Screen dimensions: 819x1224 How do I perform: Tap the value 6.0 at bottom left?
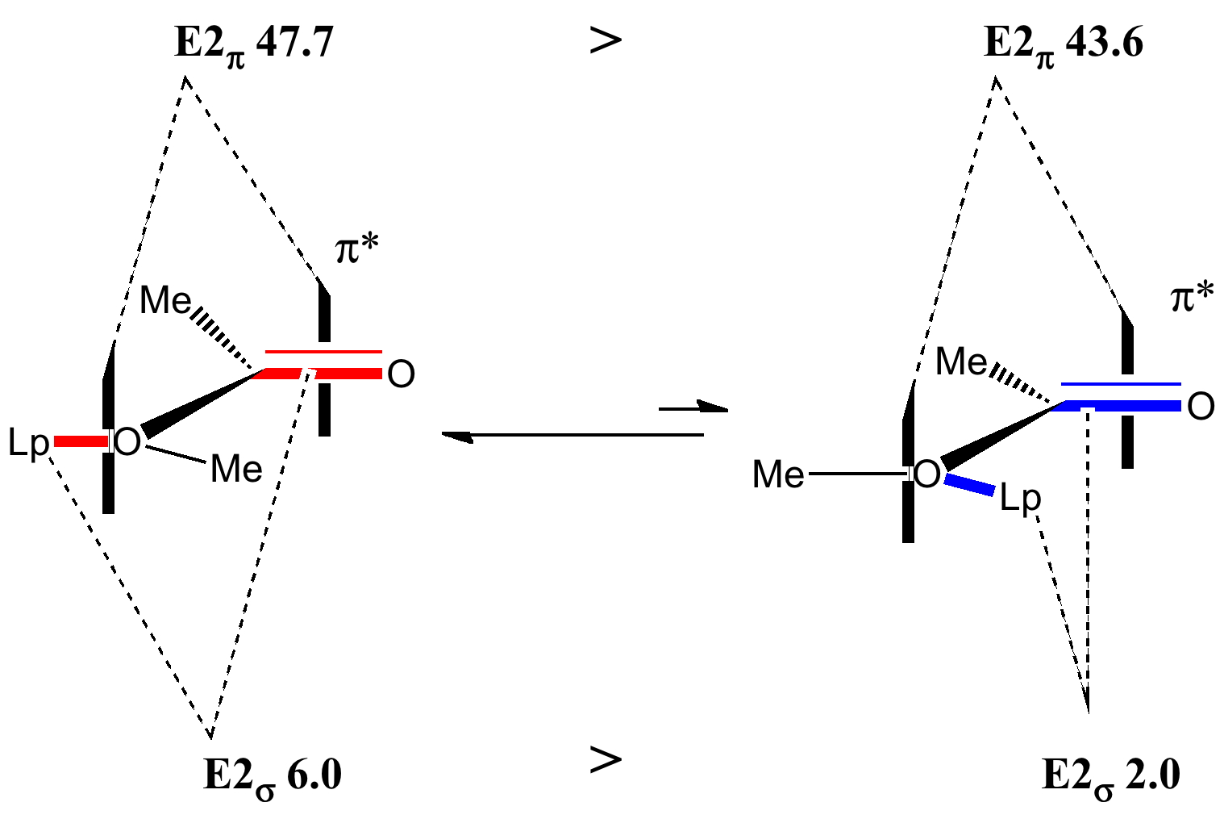[314, 776]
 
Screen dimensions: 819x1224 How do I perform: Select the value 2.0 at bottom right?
[1152, 776]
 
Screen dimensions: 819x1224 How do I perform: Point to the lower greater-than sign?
[606, 759]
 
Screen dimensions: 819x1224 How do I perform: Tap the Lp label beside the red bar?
[29, 444]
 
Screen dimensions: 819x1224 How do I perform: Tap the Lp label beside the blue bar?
[1020, 500]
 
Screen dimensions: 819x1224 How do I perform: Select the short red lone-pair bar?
[80, 441]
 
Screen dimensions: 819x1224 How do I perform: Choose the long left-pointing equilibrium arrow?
[572, 436]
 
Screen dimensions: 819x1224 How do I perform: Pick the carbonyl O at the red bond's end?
[401, 374]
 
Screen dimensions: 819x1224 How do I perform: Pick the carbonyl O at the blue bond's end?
[1201, 407]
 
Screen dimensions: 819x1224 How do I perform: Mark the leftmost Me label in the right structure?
[778, 475]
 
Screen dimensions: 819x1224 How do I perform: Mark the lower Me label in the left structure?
[235, 469]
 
